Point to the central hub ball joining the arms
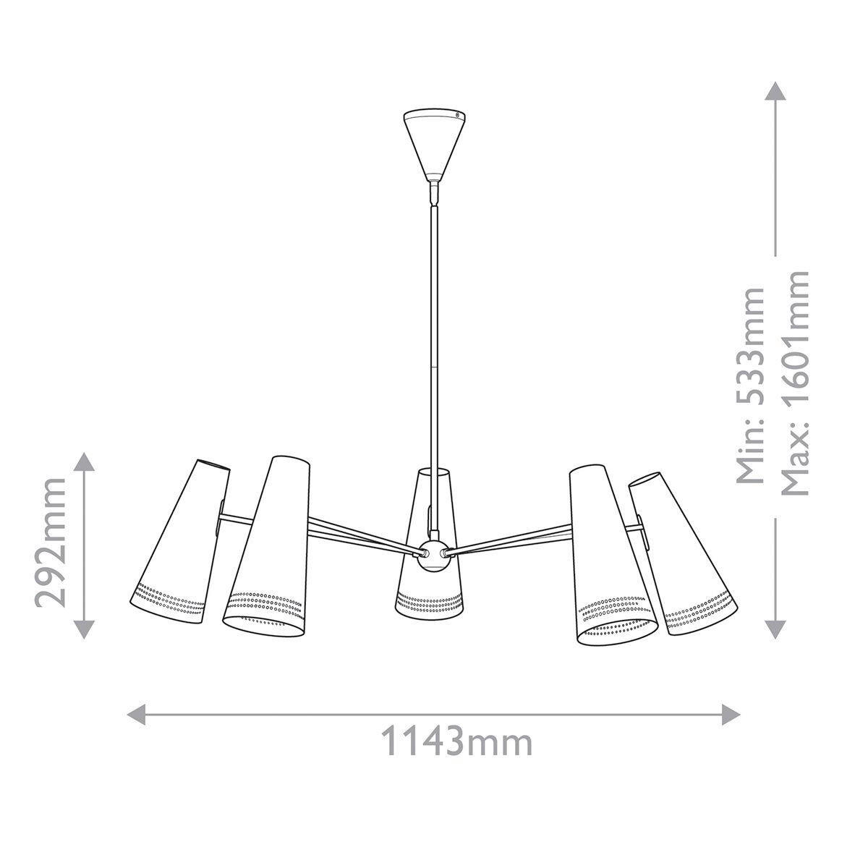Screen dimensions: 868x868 (x=433, y=554)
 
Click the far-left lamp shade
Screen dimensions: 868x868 (x=181, y=542)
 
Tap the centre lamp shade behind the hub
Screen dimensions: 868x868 (x=431, y=593)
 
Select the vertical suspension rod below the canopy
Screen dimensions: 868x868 (x=434, y=325)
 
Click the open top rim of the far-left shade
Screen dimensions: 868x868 (x=214, y=464)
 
